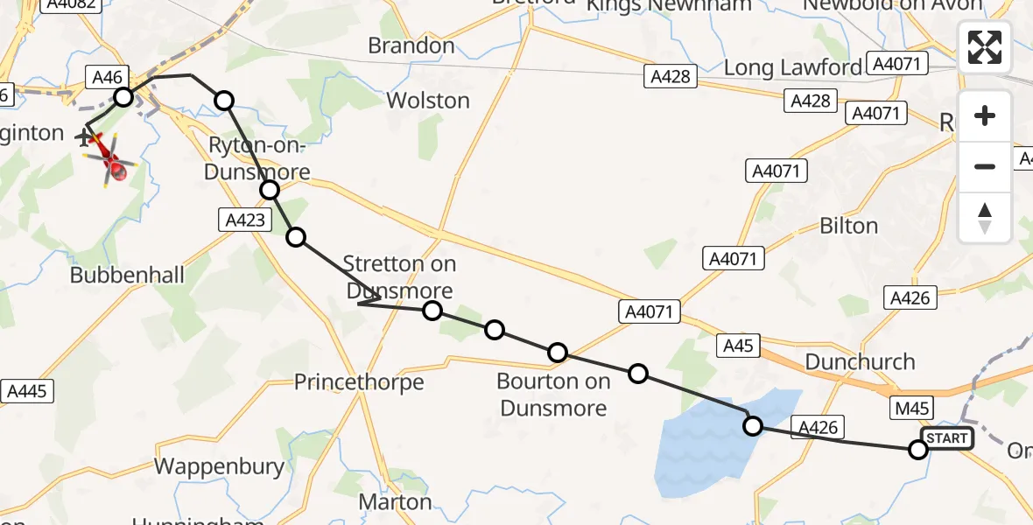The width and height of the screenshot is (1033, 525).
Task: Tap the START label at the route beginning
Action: (946, 438)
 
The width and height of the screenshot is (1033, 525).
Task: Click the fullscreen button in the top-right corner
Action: (985, 47)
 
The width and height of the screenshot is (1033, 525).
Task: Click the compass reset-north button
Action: (985, 217)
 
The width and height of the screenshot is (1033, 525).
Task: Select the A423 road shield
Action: (244, 220)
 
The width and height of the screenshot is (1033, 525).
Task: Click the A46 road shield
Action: (107, 77)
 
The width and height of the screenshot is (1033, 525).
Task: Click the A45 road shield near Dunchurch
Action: (739, 346)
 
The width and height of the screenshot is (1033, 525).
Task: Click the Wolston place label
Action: (428, 101)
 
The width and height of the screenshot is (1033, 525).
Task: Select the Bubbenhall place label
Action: (128, 276)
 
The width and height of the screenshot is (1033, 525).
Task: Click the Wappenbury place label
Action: (220, 466)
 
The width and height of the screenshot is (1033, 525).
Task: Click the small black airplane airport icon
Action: (85, 137)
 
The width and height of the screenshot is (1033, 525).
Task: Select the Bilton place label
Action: (848, 226)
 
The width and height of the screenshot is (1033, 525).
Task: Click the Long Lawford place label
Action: (793, 67)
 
